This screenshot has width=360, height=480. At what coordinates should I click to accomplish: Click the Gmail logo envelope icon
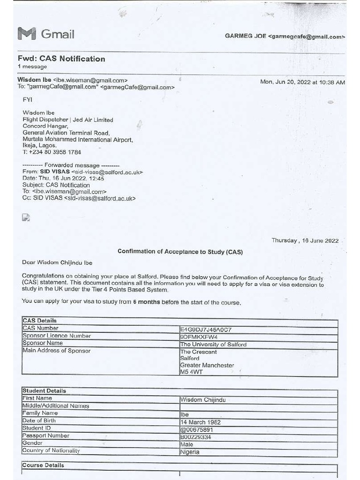pyautogui.click(x=26, y=34)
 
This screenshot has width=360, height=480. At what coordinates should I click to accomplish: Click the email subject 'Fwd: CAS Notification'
pyautogui.click(x=61, y=59)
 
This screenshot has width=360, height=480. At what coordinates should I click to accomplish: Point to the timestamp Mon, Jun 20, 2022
pyautogui.click(x=302, y=82)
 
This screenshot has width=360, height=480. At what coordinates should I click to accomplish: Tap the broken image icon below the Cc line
pyautogui.click(x=26, y=217)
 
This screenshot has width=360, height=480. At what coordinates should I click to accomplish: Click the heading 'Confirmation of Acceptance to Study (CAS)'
pyautogui.click(x=180, y=252)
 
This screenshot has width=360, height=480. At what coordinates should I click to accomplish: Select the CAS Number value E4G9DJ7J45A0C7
pyautogui.click(x=206, y=330)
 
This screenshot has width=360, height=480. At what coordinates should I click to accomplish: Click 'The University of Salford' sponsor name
pyautogui.click(x=213, y=345)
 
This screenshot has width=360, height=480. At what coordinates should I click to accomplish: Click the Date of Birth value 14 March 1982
pyautogui.click(x=200, y=422)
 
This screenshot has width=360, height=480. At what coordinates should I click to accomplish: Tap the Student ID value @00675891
pyautogui.click(x=197, y=430)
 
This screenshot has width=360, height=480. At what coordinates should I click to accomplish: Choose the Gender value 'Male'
pyautogui.click(x=187, y=444)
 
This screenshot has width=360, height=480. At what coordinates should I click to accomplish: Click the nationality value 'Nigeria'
pyautogui.click(x=190, y=452)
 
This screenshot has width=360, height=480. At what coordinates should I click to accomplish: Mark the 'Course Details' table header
pyautogui.click(x=43, y=465)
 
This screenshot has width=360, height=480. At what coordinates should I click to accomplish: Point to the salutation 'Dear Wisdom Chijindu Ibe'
pyautogui.click(x=57, y=262)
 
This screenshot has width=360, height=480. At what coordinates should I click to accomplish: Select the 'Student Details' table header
pyautogui.click(x=44, y=390)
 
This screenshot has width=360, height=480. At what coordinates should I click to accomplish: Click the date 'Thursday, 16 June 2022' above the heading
pyautogui.click(x=305, y=241)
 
